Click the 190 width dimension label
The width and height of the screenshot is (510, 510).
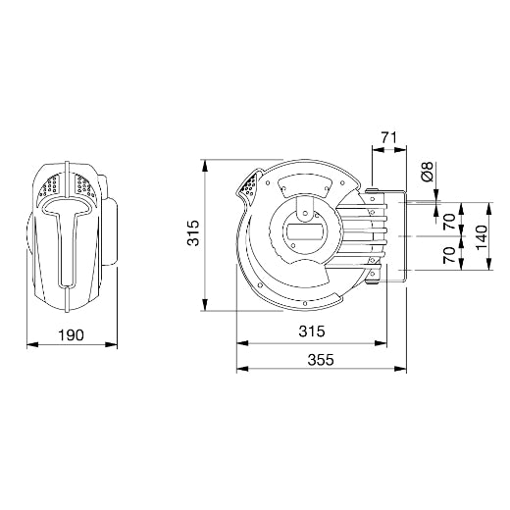pyautogui.click(x=71, y=335)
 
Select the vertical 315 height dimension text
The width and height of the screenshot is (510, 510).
pyautogui.click(x=193, y=232)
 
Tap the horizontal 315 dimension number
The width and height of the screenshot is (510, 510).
pyautogui.click(x=312, y=331)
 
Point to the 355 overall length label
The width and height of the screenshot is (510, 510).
pyautogui.click(x=321, y=360)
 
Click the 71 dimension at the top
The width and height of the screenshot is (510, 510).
pyautogui.click(x=389, y=137)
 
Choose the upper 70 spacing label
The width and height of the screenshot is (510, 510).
pyautogui.click(x=450, y=222)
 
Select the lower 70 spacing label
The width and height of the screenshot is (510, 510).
pyautogui.click(x=450, y=255)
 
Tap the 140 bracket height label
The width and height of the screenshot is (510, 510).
pyautogui.click(x=482, y=236)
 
